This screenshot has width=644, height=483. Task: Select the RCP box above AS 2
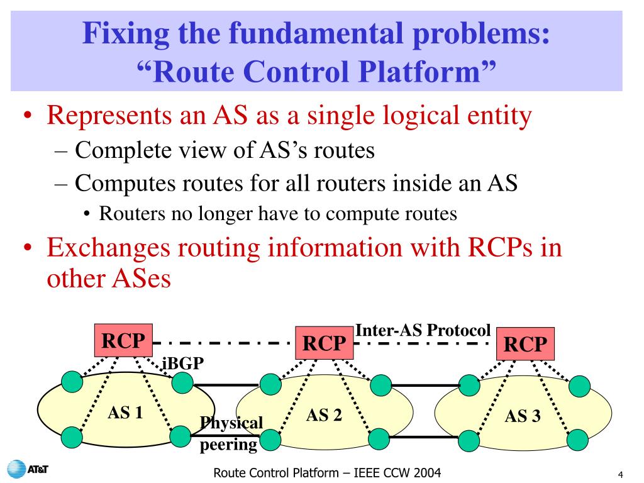[325, 343]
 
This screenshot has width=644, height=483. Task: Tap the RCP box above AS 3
[525, 344]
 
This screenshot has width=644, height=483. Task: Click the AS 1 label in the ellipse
[125, 413]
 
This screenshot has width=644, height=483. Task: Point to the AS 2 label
[324, 415]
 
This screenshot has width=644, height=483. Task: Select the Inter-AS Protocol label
[423, 330]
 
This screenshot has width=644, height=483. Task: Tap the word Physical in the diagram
[231, 423]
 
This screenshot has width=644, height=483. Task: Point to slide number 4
[620, 474]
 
